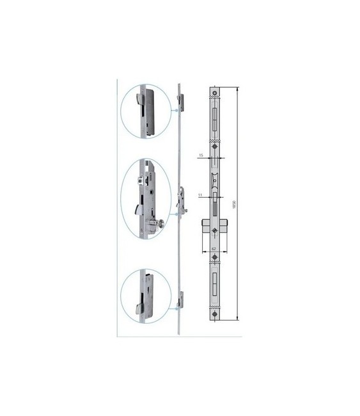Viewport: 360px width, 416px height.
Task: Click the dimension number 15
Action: [x=201, y=156]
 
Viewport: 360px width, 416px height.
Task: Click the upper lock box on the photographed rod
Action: [x=181, y=102]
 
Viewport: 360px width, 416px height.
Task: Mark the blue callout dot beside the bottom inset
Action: [x=174, y=309]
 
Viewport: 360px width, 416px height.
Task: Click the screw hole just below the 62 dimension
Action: [x=215, y=257]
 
